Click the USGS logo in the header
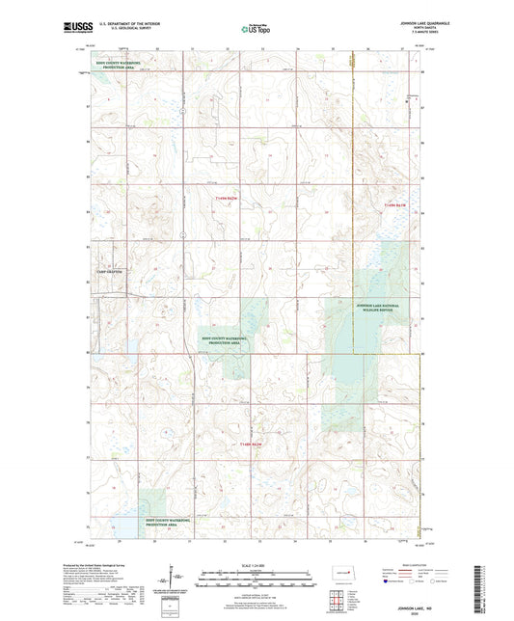(x=72, y=28)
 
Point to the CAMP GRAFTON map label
(x=113, y=273)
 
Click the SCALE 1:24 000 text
(x=256, y=564)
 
